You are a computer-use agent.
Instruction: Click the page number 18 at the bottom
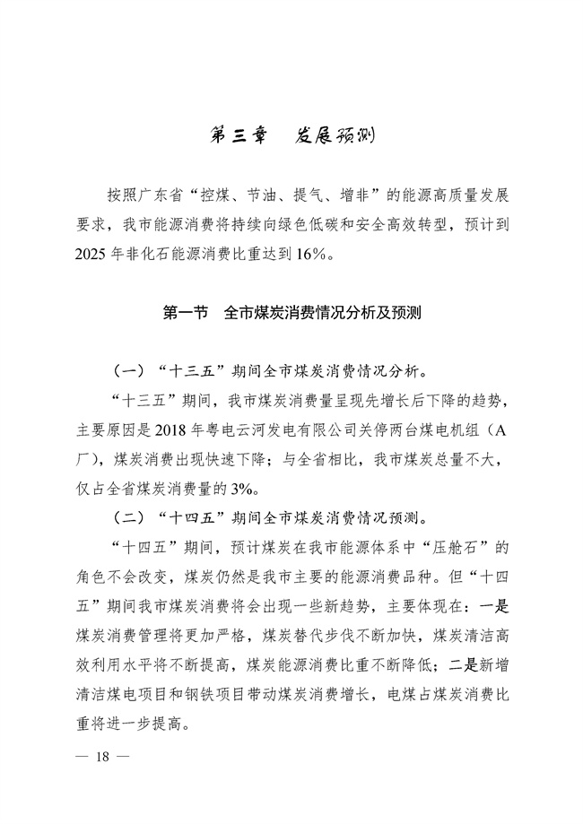pos(105,757)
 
